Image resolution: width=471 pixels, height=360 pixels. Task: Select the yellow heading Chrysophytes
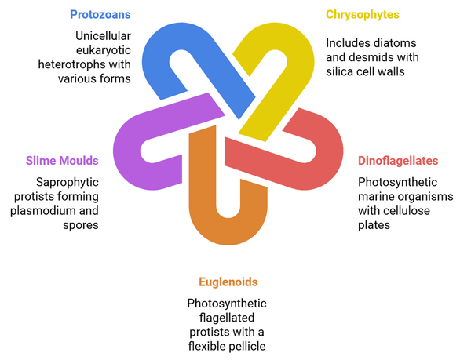363,14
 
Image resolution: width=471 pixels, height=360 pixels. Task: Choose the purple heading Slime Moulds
62,161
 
